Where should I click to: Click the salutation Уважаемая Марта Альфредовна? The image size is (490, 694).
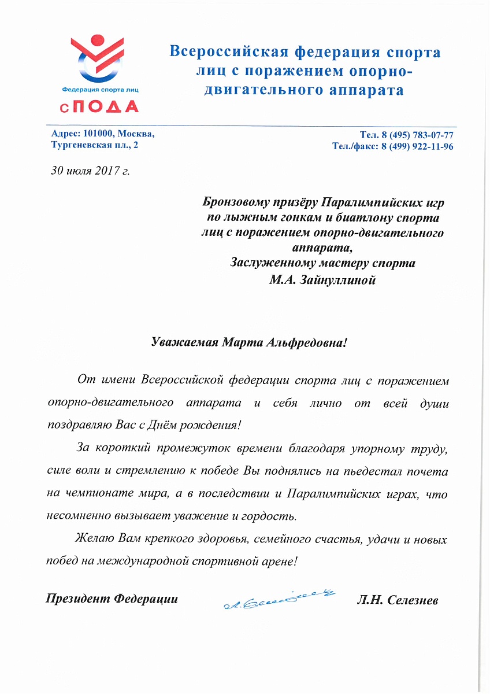tap(248, 342)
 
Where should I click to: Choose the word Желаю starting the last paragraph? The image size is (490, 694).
tap(96, 540)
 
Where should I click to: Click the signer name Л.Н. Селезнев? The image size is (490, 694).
tap(398, 601)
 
